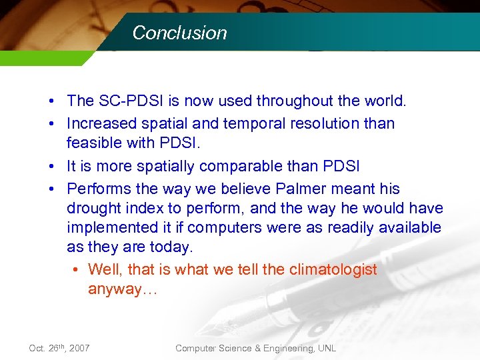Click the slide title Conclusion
tap(179, 33)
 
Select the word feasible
tap(93, 143)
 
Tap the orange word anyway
tap(114, 289)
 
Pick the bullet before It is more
tap(51, 166)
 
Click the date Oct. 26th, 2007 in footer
tap(60, 348)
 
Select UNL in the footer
tap(326, 348)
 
